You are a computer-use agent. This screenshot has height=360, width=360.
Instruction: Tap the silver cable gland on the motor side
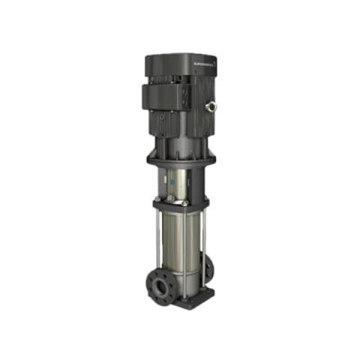[213, 105]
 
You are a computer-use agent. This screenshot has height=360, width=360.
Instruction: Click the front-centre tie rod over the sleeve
[168, 247]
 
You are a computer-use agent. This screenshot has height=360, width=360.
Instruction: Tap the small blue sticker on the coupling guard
[170, 183]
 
